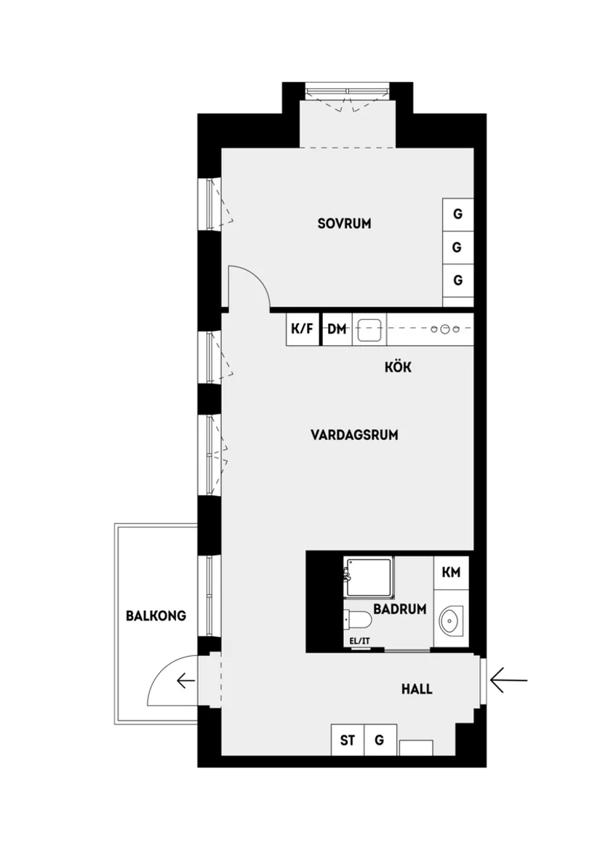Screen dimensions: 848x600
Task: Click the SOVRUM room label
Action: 344,223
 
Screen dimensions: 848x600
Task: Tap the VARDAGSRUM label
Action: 354,435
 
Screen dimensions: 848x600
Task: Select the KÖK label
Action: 398,367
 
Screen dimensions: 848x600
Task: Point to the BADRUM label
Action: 399,609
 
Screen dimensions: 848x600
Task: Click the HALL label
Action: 417,689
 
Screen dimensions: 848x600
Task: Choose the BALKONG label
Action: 156,615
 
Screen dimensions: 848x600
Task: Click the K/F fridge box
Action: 303,329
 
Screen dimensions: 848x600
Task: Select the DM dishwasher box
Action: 336,329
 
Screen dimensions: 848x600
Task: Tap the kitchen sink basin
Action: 370,329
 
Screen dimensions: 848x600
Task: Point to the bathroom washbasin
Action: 452,620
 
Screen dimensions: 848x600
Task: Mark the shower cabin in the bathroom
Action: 369,577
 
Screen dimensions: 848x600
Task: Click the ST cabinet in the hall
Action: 348,741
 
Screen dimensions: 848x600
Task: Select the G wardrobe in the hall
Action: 380,741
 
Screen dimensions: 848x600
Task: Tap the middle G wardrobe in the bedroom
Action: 457,247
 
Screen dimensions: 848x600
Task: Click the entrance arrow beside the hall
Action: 508,681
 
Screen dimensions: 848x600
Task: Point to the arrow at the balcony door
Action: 185,681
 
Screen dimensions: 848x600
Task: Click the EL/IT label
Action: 360,641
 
